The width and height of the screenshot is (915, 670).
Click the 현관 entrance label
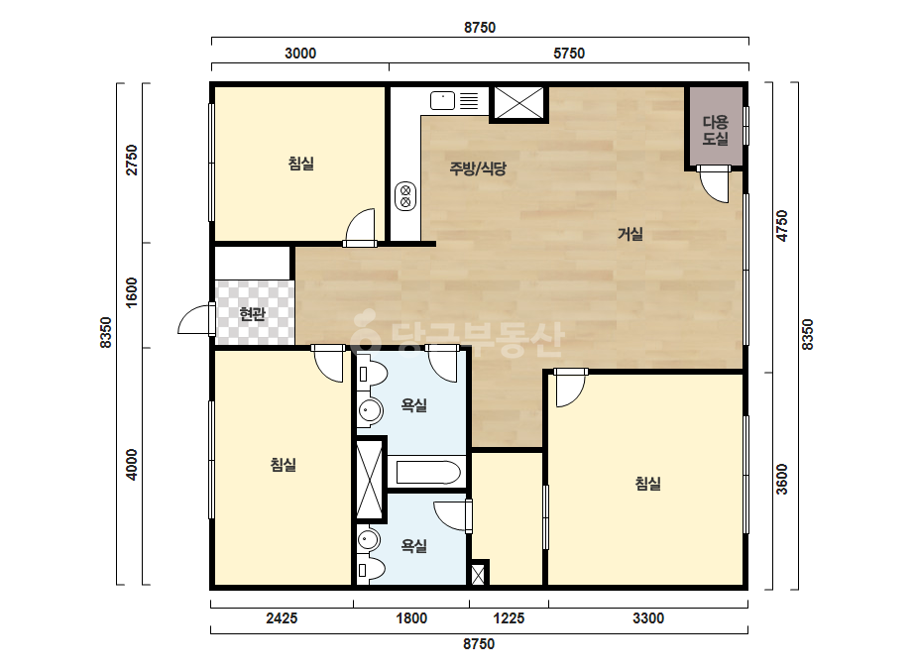coord(253,314)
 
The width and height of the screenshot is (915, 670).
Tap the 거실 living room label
coord(630,234)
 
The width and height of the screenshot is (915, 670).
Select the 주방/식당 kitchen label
coord(478,168)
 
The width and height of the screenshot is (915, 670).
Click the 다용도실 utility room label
coord(716,130)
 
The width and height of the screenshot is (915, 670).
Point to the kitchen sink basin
coord(442,100)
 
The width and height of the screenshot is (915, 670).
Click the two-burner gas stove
coord(405,196)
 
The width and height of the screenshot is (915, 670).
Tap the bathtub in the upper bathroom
coord(428,473)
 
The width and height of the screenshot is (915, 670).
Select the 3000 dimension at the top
coord(300,54)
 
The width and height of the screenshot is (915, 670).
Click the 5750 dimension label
coord(569,54)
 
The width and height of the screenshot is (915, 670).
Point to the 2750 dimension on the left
coord(133,160)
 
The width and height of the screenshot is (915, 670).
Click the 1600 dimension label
coord(133,293)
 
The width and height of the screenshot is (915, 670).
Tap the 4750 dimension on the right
coord(782,226)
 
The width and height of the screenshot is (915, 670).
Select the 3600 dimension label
coord(782,479)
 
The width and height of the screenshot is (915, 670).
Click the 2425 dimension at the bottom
coord(282,618)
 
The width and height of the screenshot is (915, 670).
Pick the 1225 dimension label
coord(509,618)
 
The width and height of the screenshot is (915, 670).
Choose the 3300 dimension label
coord(648,618)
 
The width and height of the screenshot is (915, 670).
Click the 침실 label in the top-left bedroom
coord(301,163)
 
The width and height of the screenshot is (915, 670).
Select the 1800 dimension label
coord(412,618)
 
